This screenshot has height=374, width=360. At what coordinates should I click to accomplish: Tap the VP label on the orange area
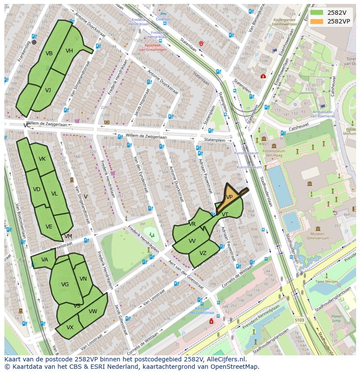click(229, 197)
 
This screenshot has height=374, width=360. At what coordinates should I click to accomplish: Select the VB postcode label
click(49, 53)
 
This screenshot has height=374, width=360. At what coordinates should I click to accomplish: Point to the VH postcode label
click(69, 51)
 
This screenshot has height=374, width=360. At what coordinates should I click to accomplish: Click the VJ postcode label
click(48, 90)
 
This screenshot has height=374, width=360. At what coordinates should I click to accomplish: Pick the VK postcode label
click(42, 159)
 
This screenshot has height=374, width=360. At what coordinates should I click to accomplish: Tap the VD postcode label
click(37, 189)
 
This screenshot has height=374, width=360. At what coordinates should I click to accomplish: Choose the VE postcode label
click(49, 227)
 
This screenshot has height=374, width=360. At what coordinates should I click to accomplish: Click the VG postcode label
click(65, 285)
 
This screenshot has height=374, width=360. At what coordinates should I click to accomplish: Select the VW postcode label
click(93, 311)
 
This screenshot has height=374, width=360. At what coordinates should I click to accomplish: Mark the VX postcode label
click(70, 328)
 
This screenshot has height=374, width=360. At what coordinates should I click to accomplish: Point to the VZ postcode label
click(203, 253)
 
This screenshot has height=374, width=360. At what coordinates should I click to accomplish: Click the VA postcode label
click(45, 260)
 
